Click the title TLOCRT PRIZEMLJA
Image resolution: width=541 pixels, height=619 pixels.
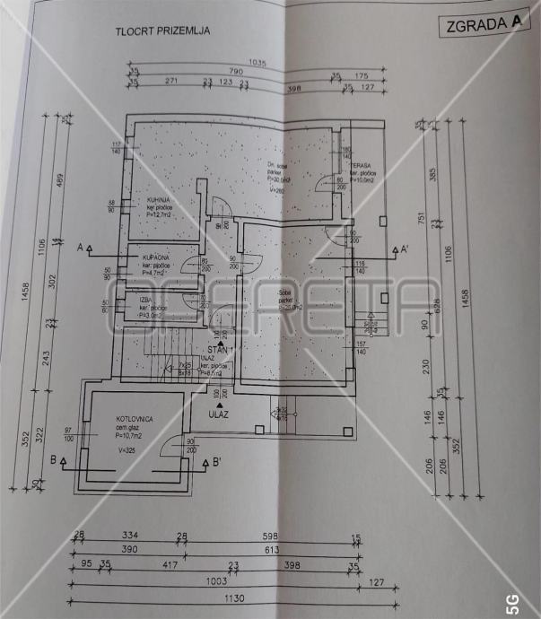[x=162, y=31]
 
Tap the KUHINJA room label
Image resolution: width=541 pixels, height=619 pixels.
[x=149, y=199]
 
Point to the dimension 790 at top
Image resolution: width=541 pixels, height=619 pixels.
[x=237, y=71]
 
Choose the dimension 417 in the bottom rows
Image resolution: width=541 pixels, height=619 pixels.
[x=168, y=565]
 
